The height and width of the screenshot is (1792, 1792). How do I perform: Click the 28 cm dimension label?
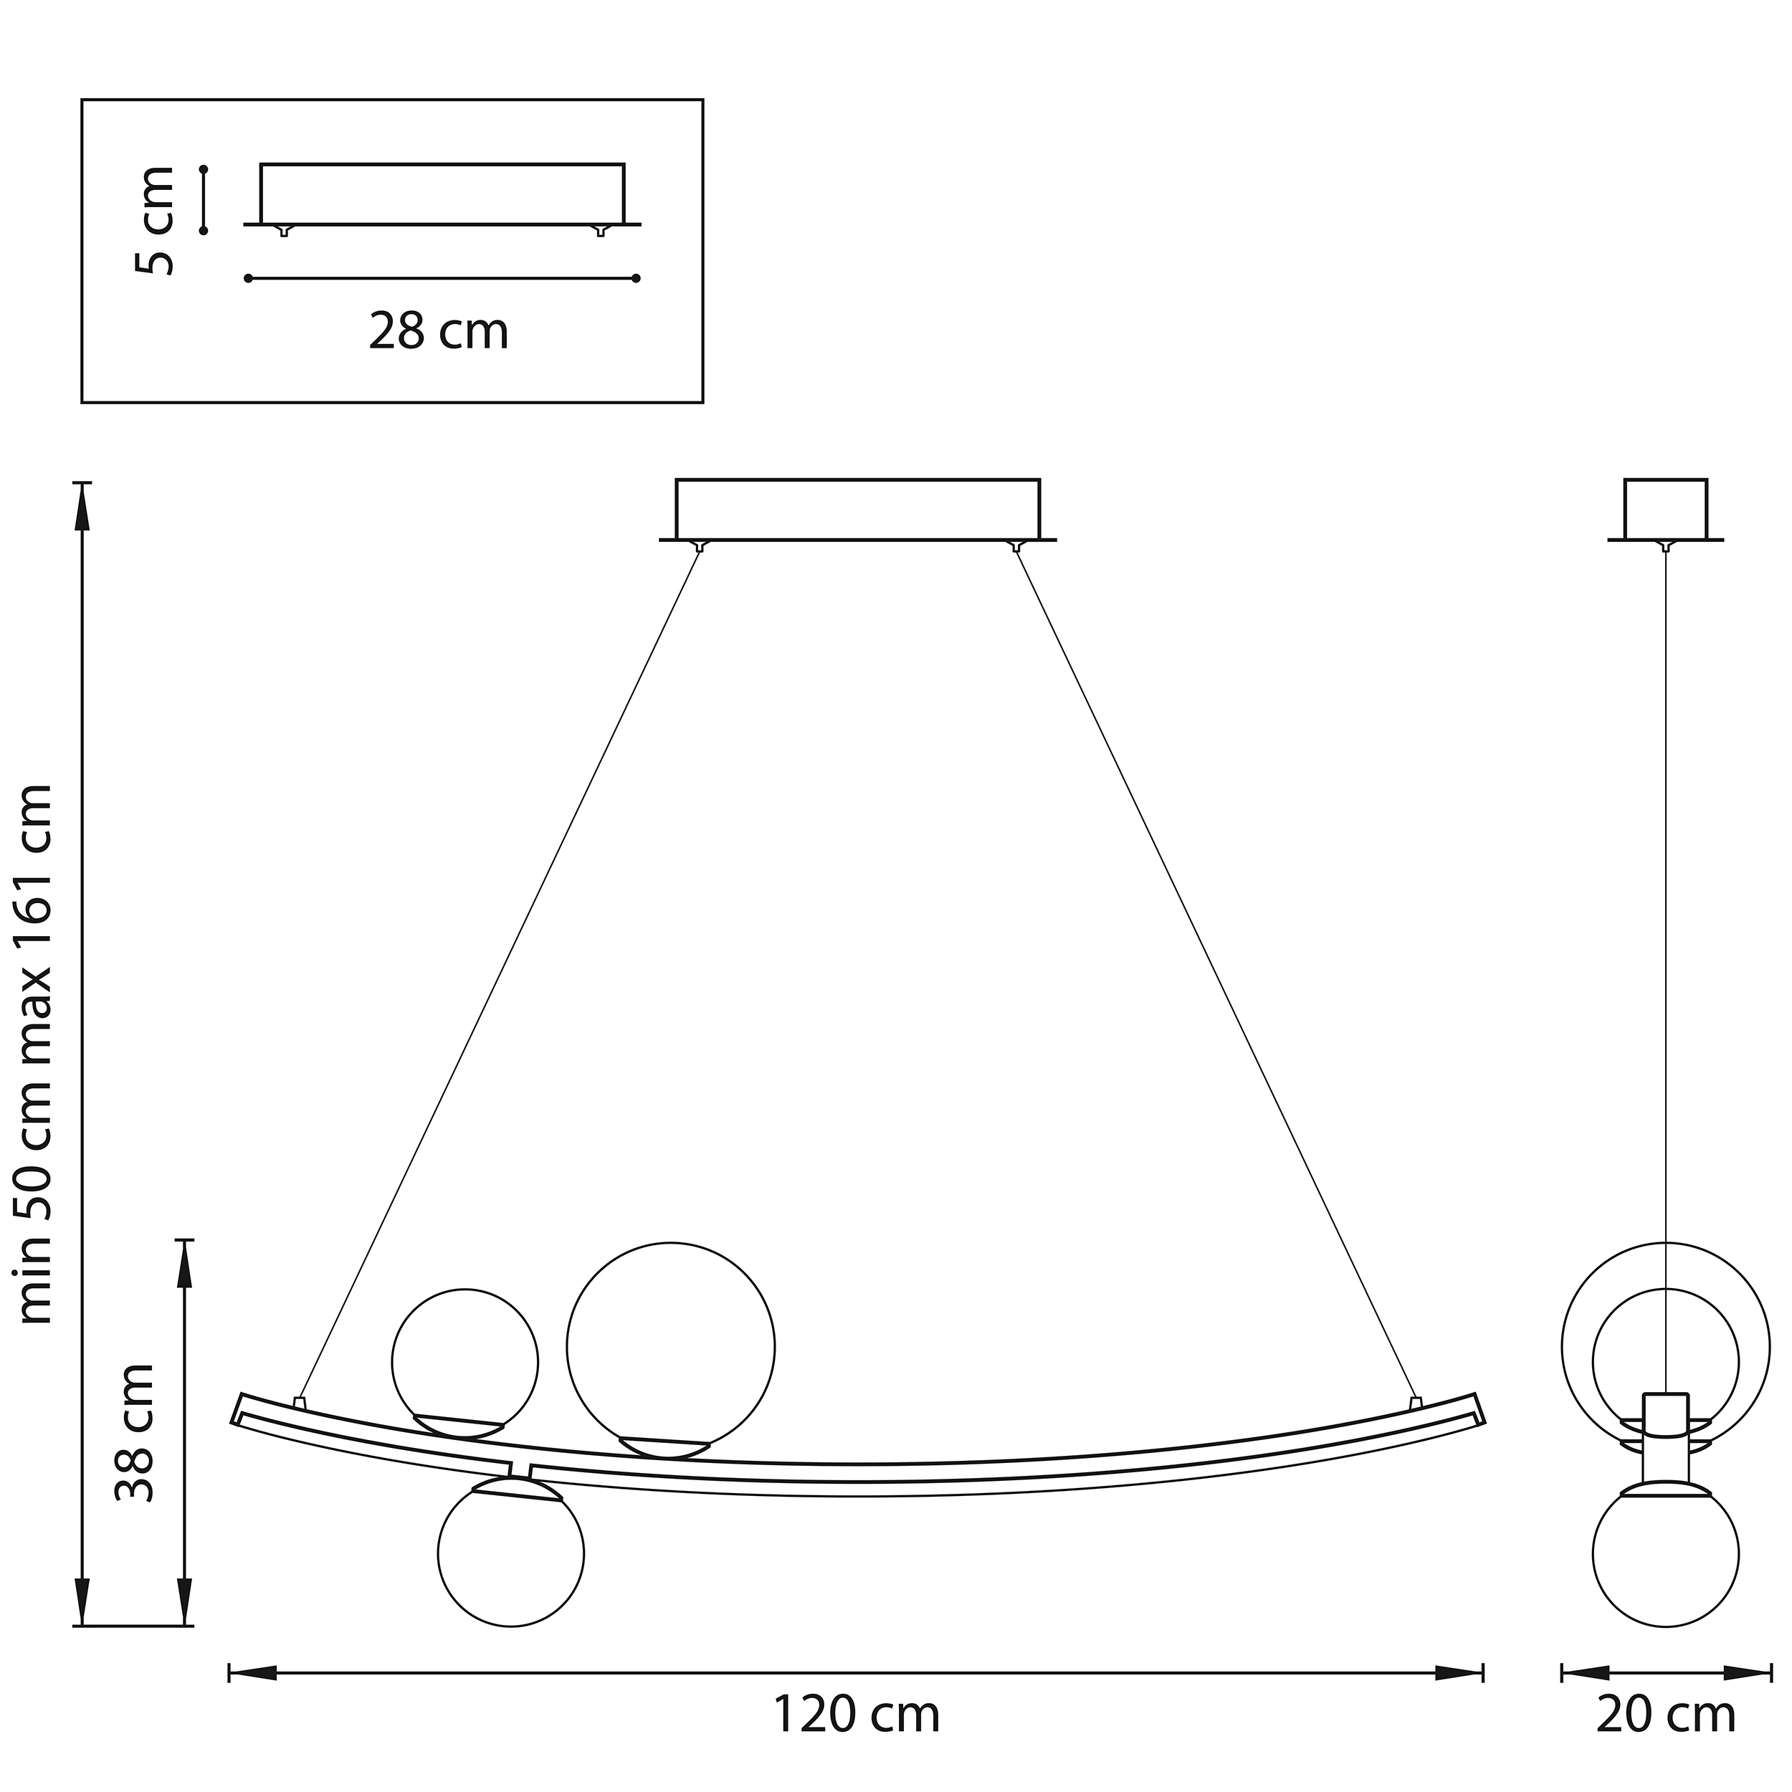(x=439, y=331)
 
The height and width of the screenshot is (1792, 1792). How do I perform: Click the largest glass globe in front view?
(x=671, y=1347)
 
